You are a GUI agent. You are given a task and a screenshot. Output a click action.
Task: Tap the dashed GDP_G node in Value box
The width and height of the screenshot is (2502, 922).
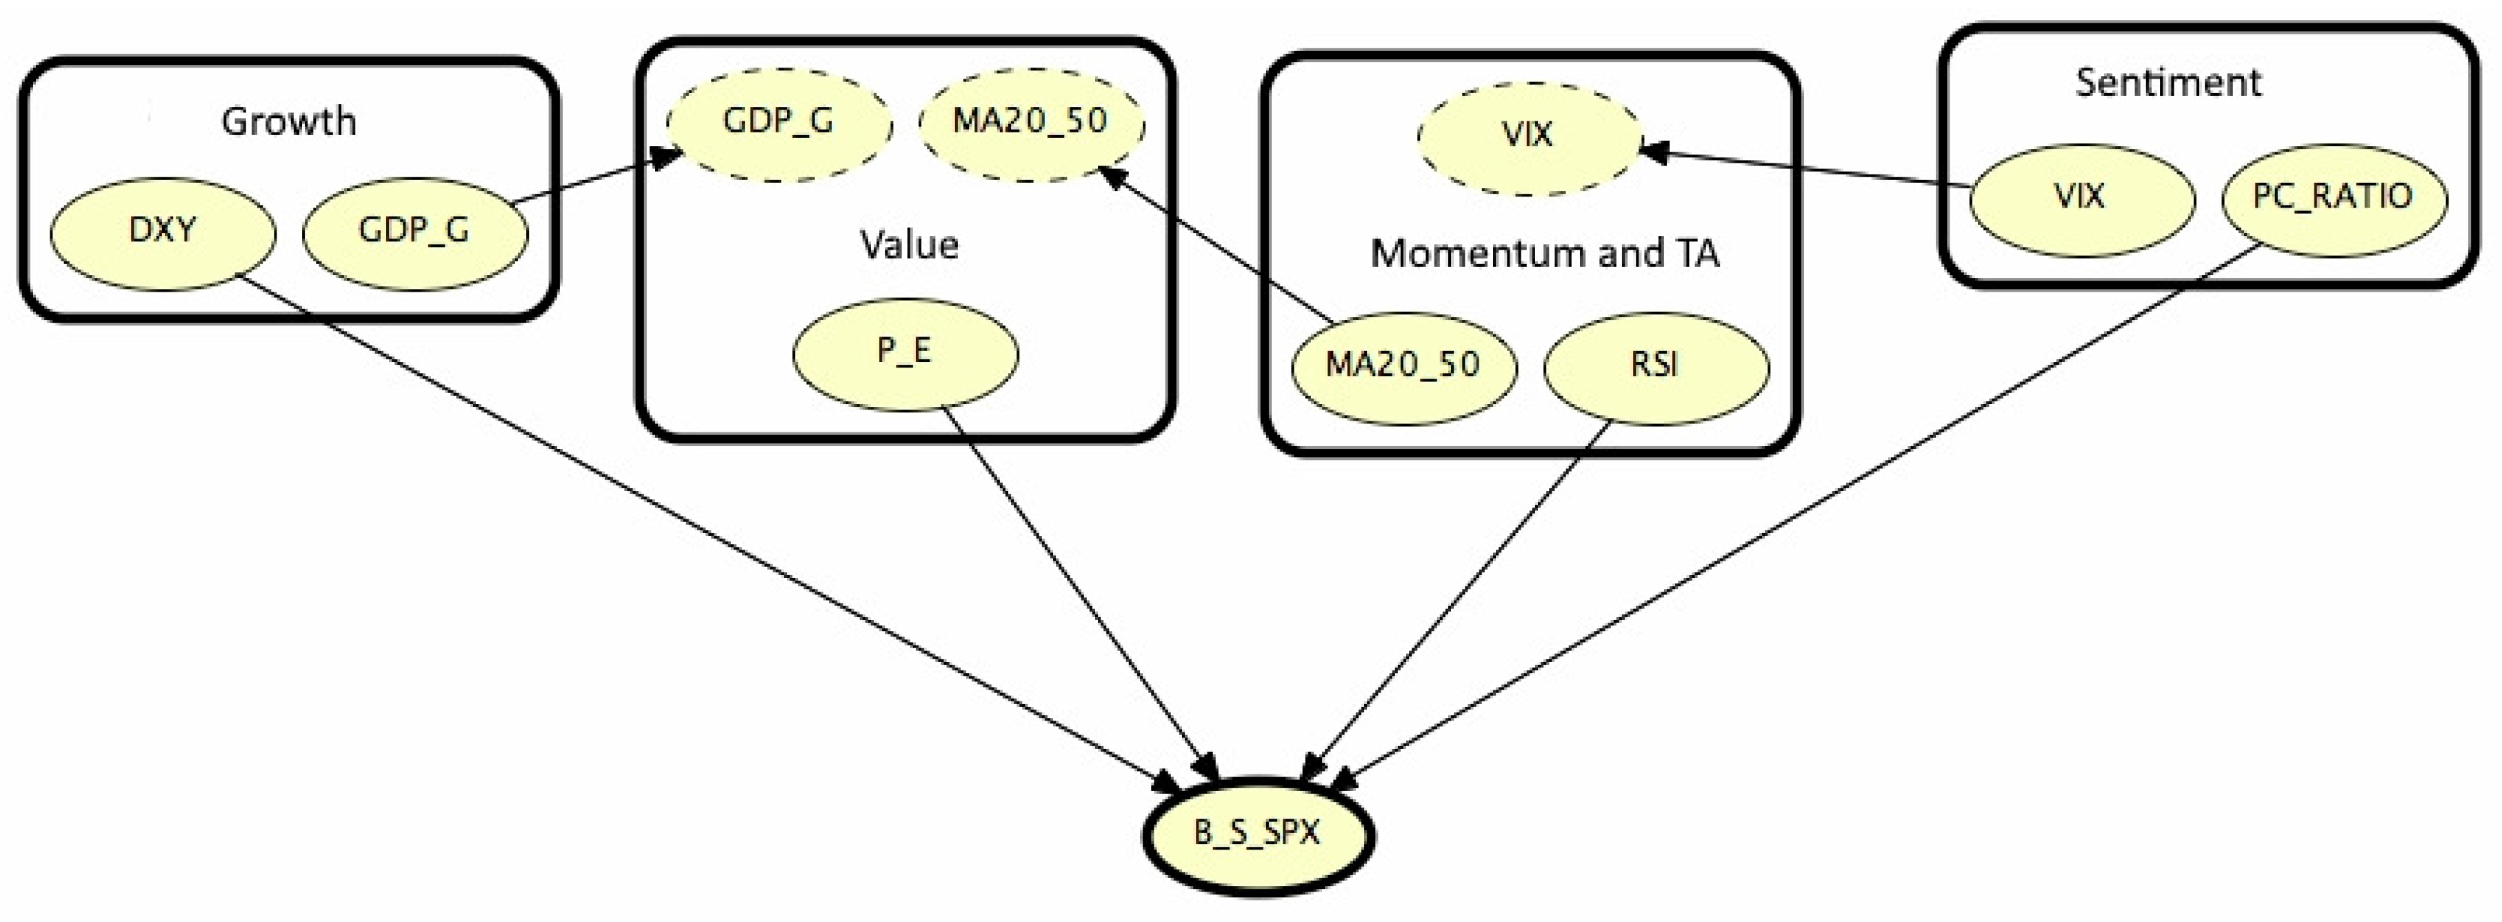pyautogui.click(x=778, y=123)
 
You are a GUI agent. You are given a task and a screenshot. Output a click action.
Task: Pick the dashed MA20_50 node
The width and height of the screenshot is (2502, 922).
pyautogui.click(x=1030, y=123)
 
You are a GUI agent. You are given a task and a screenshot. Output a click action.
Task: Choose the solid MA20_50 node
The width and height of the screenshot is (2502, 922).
pyautogui.click(x=1403, y=366)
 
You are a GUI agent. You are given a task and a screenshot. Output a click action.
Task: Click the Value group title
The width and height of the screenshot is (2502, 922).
pyautogui.click(x=909, y=245)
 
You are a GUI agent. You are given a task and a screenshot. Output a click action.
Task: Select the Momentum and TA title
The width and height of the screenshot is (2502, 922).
pyautogui.click(x=1544, y=254)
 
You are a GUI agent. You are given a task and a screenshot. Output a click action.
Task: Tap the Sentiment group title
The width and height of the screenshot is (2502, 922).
pyautogui.click(x=2168, y=83)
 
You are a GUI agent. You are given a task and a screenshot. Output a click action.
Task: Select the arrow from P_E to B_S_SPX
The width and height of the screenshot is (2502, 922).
pyautogui.click(x=1078, y=592)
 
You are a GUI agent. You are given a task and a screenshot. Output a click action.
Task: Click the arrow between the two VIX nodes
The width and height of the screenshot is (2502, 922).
pyautogui.click(x=1807, y=167)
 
